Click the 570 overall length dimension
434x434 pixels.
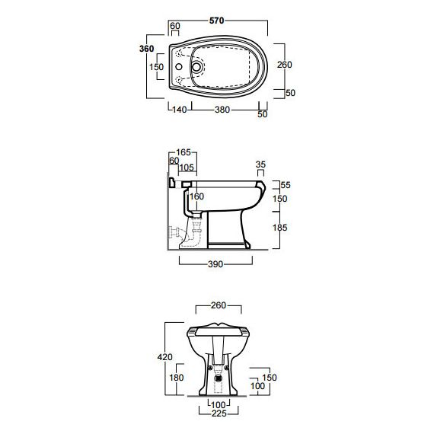click(216, 21)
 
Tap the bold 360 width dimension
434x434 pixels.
click(146, 49)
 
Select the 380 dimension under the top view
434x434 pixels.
click(222, 110)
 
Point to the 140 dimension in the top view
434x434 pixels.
click(180, 110)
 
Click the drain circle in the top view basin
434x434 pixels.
click(196, 67)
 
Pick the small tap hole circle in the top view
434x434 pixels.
click(179, 67)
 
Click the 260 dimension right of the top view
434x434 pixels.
click(285, 65)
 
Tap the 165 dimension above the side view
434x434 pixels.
click(183, 152)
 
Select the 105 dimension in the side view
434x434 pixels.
click(187, 168)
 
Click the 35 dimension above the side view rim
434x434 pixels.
click(260, 164)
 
